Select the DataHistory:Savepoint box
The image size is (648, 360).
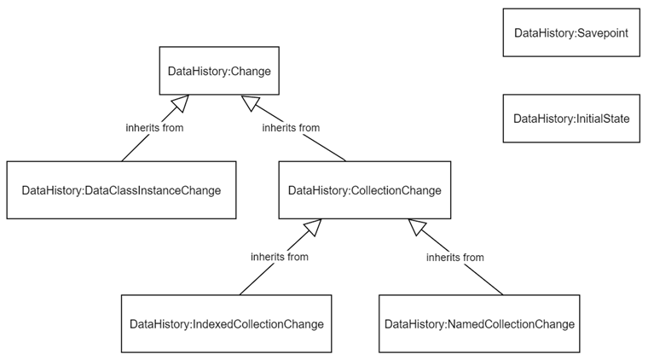pos(570,33)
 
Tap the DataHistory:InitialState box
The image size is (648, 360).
pos(570,119)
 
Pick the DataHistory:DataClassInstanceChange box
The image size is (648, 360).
pos(121,190)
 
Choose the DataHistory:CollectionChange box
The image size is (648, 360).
pos(365,190)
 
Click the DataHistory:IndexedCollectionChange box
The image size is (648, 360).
pos(226,324)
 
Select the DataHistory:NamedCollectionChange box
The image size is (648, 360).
pos(479,324)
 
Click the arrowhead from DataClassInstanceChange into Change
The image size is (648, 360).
pos(178,104)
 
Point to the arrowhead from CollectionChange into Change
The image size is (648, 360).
pos(250,103)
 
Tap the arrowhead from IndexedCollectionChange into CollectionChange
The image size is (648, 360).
pos(311,227)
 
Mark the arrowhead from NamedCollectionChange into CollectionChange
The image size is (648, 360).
pos(417,227)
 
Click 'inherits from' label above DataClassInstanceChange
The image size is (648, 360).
pos(155,128)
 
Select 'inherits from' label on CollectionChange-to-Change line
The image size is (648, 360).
pos(291,128)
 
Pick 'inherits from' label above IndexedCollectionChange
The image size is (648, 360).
pos(280,256)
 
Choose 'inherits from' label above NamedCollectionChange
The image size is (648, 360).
pos(454,257)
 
